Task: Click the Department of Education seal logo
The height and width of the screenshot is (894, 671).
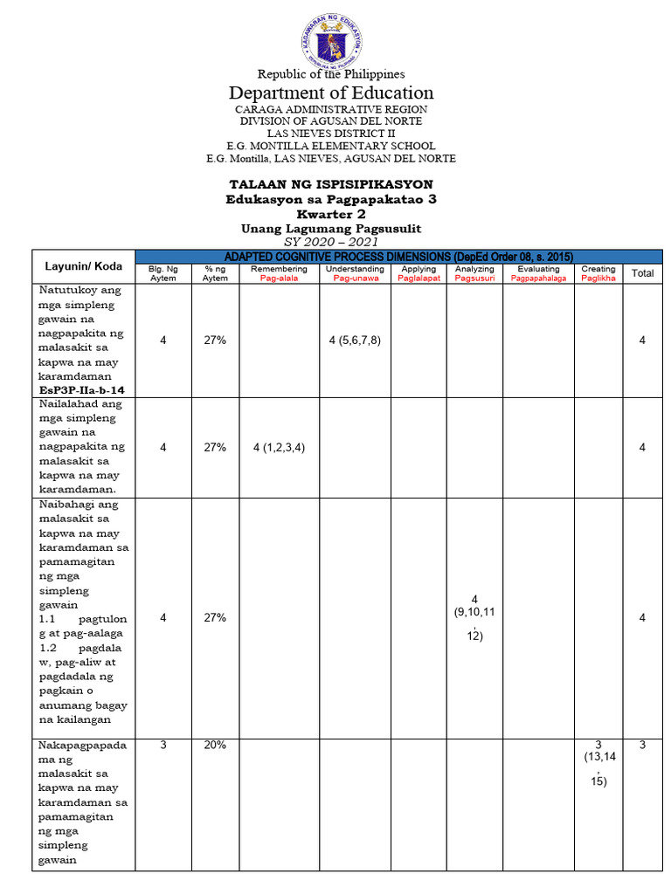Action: (x=331, y=39)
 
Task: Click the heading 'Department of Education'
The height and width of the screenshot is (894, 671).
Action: (x=331, y=93)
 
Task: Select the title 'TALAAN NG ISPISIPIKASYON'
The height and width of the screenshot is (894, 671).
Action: (x=331, y=185)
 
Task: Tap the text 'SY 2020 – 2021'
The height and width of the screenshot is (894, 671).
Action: (x=331, y=241)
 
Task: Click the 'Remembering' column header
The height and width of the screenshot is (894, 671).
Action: (x=278, y=274)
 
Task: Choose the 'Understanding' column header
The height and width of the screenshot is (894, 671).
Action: (x=354, y=274)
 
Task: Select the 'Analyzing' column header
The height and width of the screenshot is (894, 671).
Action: (x=474, y=274)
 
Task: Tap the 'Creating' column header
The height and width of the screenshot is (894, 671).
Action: (x=598, y=274)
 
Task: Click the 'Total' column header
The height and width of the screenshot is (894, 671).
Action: (x=642, y=273)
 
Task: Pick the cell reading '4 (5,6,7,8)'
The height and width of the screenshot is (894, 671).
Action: (x=354, y=340)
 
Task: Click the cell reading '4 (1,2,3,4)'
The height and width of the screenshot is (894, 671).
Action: (x=278, y=447)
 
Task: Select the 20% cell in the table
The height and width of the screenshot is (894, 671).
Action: (x=215, y=745)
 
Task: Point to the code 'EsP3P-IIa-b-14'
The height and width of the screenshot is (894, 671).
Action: (x=81, y=389)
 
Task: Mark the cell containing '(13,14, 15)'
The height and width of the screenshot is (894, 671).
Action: (x=598, y=763)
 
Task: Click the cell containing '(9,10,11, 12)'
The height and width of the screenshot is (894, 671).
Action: (x=474, y=618)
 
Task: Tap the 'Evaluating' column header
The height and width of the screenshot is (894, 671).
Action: (x=538, y=274)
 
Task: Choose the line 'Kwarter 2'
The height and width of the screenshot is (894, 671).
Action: (x=331, y=214)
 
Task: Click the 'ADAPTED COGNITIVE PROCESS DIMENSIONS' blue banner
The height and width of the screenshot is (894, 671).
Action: (x=398, y=256)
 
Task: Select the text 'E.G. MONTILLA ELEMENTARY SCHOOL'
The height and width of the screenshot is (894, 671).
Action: (x=331, y=146)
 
